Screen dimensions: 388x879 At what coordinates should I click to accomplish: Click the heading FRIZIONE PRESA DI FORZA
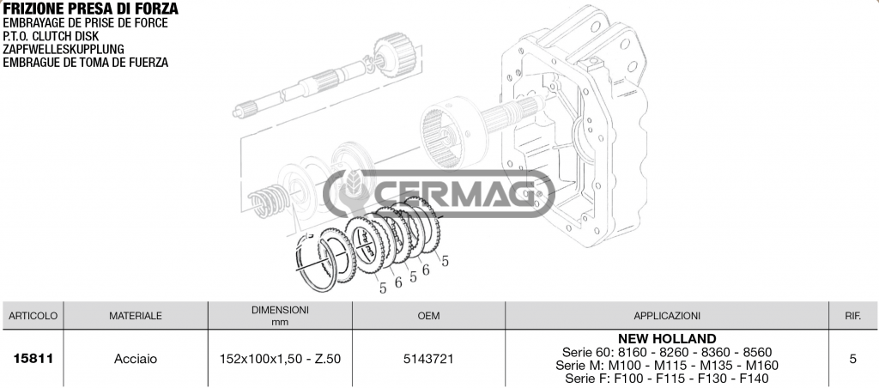(x=90, y=9)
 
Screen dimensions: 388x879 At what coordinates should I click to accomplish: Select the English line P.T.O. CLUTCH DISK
(x=51, y=36)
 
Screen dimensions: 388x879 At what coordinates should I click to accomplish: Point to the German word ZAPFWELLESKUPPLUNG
(x=64, y=49)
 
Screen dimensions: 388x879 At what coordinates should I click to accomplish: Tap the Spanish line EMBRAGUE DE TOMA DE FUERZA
(x=85, y=62)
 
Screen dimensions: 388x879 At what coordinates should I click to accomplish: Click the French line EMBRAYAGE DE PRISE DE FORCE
(x=84, y=23)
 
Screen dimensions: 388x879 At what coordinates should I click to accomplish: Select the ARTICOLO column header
(x=33, y=316)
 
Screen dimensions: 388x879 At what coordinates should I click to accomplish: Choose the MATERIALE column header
(x=136, y=316)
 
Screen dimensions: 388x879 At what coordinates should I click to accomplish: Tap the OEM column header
(x=428, y=316)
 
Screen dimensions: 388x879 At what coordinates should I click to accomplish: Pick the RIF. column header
(x=852, y=316)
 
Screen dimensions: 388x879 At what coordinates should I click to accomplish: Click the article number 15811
(x=33, y=359)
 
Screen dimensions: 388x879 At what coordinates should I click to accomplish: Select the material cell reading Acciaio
(x=136, y=359)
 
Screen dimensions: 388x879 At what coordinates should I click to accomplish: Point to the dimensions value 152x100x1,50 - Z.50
(x=281, y=359)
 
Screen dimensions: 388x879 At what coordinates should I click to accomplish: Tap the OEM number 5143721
(x=428, y=359)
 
